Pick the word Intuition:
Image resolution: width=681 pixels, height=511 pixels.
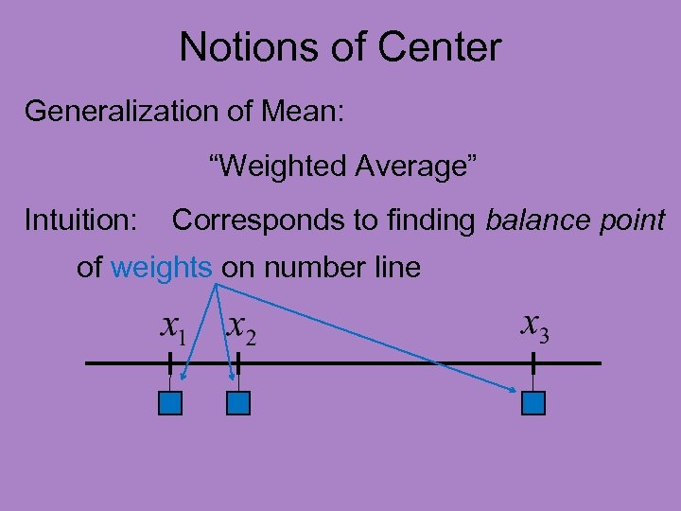pyautogui.click(x=81, y=220)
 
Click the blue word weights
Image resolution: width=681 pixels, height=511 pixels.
pyautogui.click(x=161, y=268)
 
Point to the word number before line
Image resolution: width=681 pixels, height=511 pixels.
pyautogui.click(x=313, y=268)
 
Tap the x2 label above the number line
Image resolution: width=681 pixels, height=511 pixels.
pyautogui.click(x=241, y=328)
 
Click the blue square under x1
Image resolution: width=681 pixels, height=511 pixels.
pyautogui.click(x=169, y=404)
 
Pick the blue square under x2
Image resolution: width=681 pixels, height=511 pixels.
pyautogui.click(x=238, y=404)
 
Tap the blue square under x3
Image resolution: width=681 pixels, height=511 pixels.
pyautogui.click(x=533, y=404)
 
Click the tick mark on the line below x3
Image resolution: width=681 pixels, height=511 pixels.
pyautogui.click(x=533, y=363)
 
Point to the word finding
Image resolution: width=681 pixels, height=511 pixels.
pyautogui.click(x=431, y=220)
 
